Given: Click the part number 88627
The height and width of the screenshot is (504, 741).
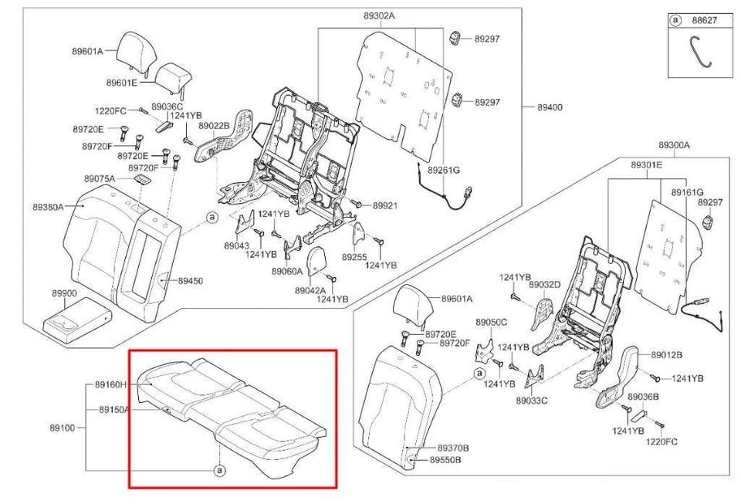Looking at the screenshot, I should click(705, 21).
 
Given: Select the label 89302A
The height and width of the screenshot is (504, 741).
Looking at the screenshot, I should click(379, 15).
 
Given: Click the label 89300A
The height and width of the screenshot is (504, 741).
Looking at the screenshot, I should click(674, 145).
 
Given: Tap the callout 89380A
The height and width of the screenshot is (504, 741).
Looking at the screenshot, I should click(48, 207).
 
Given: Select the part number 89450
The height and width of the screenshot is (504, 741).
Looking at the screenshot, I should click(190, 281).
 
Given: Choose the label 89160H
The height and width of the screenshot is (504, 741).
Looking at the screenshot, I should click(111, 384).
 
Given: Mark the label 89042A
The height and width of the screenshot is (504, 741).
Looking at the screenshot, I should click(310, 290).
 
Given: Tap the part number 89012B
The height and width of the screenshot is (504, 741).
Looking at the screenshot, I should click(666, 355).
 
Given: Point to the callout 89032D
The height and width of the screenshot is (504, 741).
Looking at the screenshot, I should click(544, 285).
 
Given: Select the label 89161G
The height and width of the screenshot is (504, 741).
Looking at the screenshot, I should click(686, 191).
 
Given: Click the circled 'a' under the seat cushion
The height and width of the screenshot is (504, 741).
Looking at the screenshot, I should click(219, 469).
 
